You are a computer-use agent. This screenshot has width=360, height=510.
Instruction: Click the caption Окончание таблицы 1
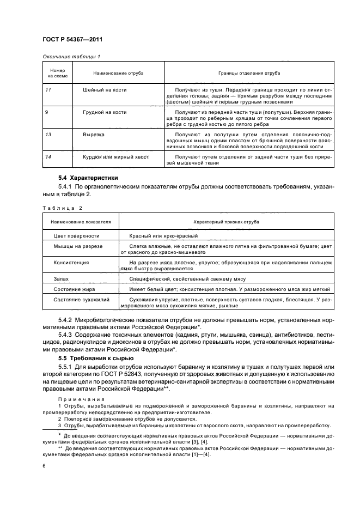coord(71,57)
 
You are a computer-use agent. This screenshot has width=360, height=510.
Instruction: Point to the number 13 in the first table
coord(48,133)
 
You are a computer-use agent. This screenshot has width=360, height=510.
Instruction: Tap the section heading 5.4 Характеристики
coord(88,178)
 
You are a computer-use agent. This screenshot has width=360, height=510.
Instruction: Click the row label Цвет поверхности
coord(76,236)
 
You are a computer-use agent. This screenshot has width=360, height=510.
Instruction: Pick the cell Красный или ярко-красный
coord(163,236)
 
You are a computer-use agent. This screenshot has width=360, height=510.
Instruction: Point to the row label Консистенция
coord(71,262)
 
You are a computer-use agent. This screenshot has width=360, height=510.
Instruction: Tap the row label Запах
coord(62,278)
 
